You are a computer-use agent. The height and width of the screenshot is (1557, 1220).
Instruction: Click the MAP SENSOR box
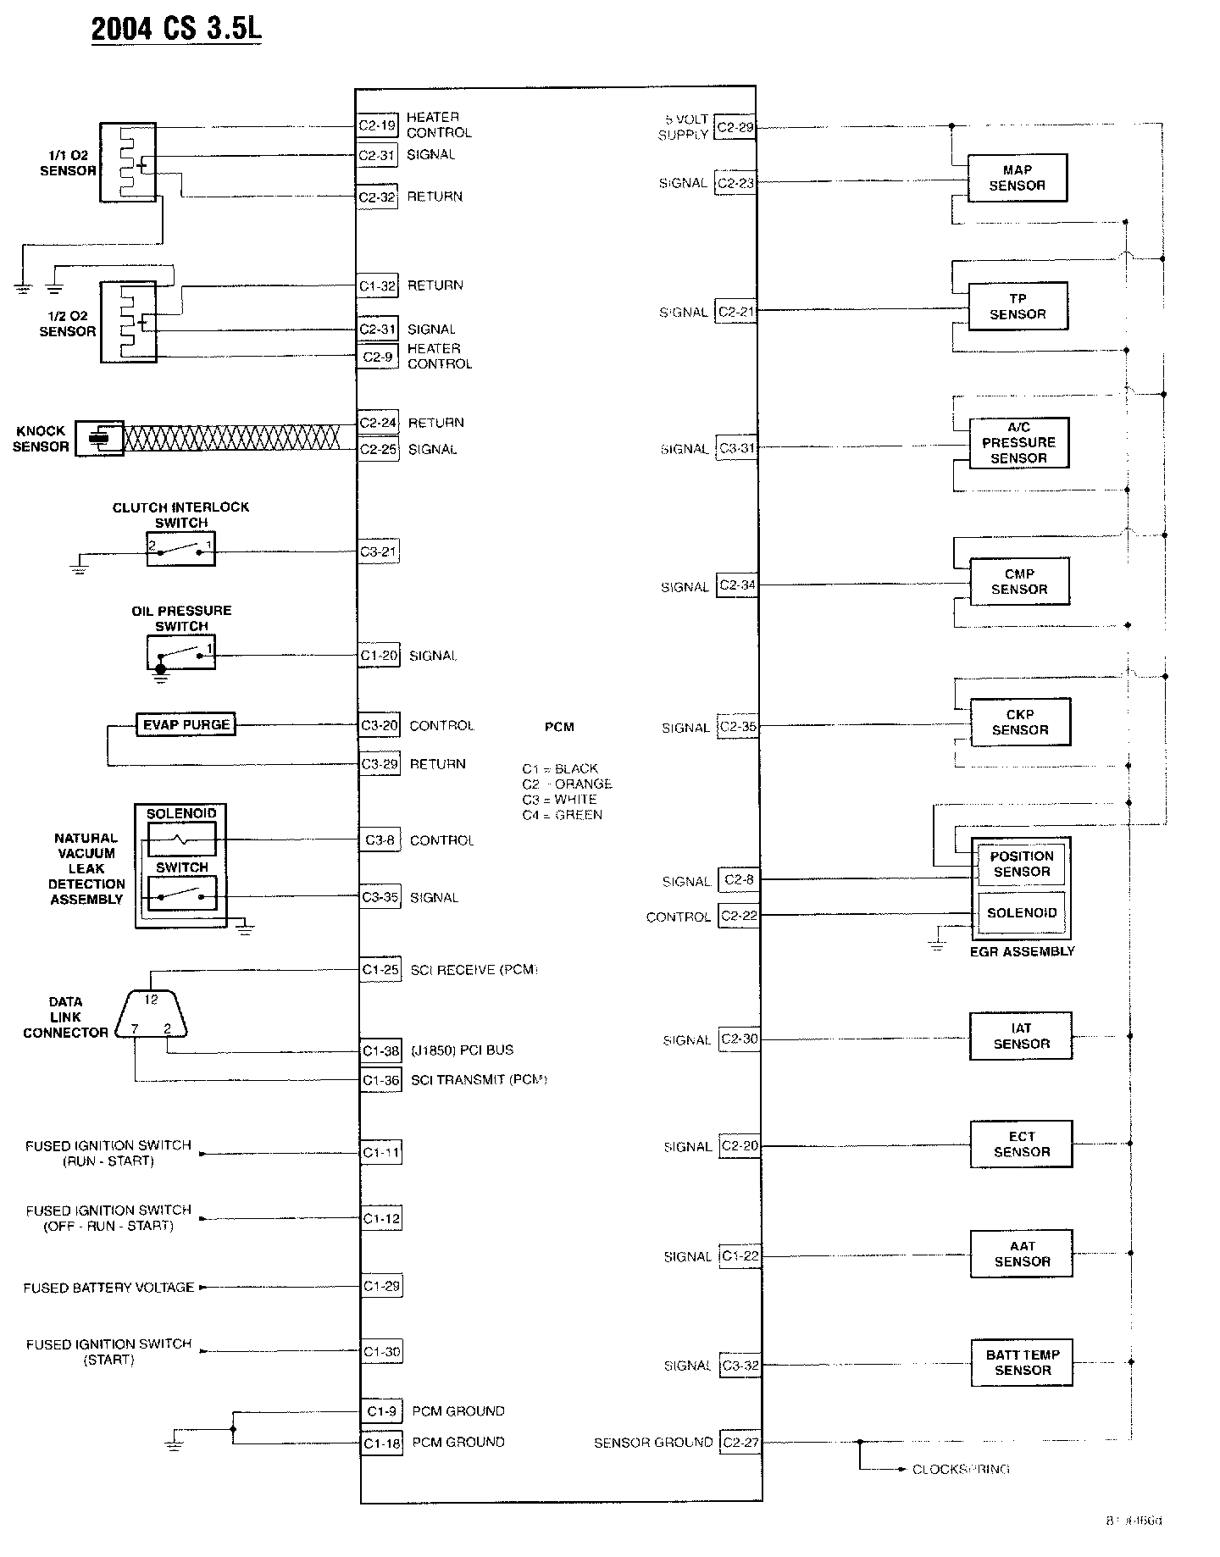click(1017, 178)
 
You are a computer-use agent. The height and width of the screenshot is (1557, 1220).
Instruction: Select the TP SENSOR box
click(1018, 307)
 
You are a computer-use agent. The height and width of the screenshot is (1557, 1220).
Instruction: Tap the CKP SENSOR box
click(1020, 723)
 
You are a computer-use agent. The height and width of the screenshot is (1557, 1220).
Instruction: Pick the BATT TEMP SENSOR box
click(1022, 1362)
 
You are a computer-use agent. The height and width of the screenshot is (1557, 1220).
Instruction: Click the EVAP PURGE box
click(186, 725)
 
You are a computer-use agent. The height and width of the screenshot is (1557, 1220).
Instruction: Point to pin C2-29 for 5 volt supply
click(735, 128)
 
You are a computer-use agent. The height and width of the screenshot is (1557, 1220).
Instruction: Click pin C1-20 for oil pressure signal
click(379, 656)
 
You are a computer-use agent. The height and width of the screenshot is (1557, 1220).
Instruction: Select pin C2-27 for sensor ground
click(740, 1443)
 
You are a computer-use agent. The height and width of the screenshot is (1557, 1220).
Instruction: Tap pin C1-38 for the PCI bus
click(380, 1051)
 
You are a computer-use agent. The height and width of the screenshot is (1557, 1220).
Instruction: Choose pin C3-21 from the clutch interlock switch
click(378, 551)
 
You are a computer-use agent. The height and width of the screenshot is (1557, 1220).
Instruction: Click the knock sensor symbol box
click(99, 438)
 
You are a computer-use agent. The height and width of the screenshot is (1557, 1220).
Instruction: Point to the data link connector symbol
click(151, 1014)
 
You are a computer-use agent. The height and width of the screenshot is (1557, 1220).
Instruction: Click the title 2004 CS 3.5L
click(176, 29)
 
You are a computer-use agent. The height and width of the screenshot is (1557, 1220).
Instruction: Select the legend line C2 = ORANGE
click(567, 784)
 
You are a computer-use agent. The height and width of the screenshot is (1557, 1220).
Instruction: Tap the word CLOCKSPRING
click(961, 1470)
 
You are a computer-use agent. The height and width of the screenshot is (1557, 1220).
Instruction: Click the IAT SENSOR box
click(1021, 1036)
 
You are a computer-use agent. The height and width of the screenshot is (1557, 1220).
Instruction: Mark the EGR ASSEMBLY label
click(1022, 951)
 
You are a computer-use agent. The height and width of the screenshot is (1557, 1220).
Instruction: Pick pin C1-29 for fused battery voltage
click(380, 1286)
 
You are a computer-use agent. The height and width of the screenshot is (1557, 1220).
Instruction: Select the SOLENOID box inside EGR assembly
click(1021, 913)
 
